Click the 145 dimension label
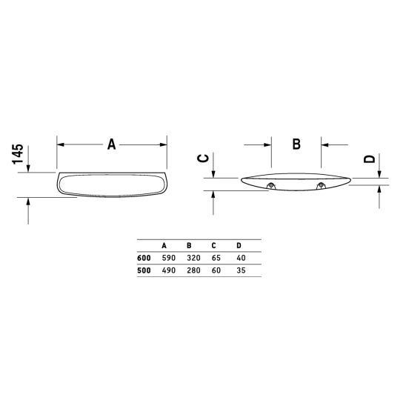[x=18, y=154]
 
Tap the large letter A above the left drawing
[x=112, y=144]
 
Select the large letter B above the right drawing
[x=296, y=144]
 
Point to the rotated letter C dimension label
[x=203, y=159]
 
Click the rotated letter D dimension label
[x=370, y=159]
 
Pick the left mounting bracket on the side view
[x=271, y=185]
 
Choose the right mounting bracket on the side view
[x=321, y=185]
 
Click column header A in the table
[x=164, y=245]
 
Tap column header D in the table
[x=239, y=245]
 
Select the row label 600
[x=144, y=258]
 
